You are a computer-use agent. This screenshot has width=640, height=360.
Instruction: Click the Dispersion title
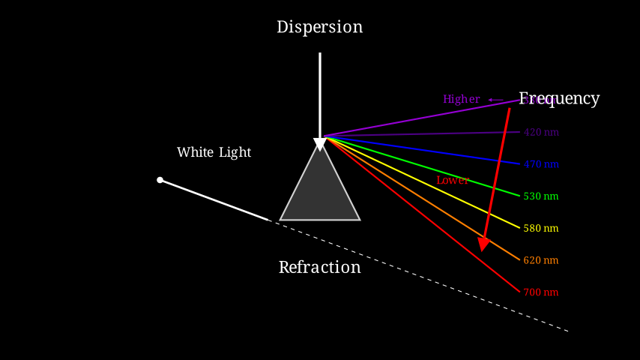pyautogui.click(x=319, y=27)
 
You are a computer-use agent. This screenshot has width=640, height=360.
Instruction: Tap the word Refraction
pyautogui.click(x=319, y=267)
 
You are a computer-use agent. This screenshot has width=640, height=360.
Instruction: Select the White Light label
pyautogui.click(x=214, y=152)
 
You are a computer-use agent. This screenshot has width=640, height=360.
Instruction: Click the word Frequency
pyautogui.click(x=560, y=98)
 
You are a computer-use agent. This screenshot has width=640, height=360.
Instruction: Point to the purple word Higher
pyautogui.click(x=461, y=99)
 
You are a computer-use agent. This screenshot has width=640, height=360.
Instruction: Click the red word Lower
pyautogui.click(x=453, y=181)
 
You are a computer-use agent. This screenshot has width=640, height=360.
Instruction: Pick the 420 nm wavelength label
pyautogui.click(x=541, y=133)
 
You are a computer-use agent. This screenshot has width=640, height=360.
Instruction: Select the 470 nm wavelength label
pyautogui.click(x=541, y=164)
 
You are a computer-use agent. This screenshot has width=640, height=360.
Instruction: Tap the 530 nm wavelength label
pyautogui.click(x=541, y=196)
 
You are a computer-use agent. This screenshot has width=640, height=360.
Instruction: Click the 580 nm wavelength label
pyautogui.click(x=541, y=228)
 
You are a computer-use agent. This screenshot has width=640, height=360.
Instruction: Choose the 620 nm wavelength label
pyautogui.click(x=541, y=260)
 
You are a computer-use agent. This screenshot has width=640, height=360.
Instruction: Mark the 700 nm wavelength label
pyautogui.click(x=541, y=292)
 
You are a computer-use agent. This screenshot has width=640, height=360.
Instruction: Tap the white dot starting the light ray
pyautogui.click(x=160, y=180)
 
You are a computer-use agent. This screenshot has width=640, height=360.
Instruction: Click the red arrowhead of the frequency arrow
pyautogui.click(x=483, y=244)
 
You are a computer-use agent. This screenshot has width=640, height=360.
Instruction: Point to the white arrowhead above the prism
pyautogui.click(x=320, y=144)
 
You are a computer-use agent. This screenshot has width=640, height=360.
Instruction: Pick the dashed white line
pyautogui.click(x=420, y=275)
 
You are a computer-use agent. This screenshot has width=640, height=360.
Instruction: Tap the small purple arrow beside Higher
pyautogui.click(x=495, y=99)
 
